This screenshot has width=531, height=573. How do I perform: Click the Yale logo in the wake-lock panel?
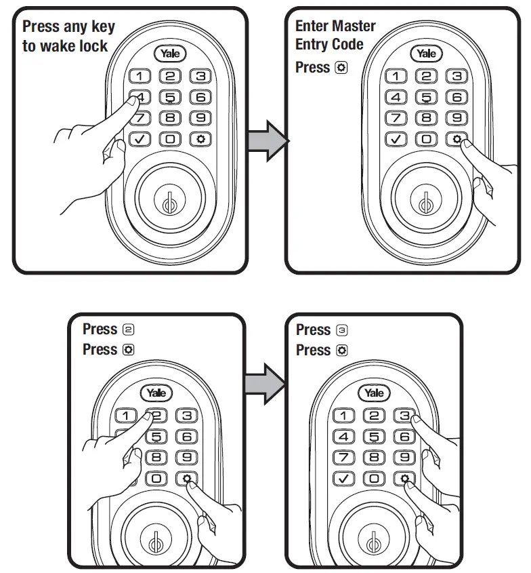(170, 54)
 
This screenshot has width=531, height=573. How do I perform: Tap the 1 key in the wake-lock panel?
(140, 77)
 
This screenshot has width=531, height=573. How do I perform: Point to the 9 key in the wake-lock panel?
(200, 118)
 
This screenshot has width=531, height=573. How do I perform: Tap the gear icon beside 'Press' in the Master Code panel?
(341, 68)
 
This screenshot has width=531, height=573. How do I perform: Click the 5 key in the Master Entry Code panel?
(427, 97)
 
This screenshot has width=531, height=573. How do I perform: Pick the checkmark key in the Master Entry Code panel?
(396, 139)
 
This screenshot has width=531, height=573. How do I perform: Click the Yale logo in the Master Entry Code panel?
(427, 54)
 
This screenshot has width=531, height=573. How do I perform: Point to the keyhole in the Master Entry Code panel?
(425, 202)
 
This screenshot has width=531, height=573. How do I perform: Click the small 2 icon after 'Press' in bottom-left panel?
(129, 330)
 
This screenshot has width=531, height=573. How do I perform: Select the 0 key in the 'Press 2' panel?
(156, 479)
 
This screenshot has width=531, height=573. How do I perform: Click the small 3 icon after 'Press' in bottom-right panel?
(342, 330)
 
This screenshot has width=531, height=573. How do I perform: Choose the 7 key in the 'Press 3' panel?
(344, 458)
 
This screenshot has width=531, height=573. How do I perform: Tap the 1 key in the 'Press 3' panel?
(344, 416)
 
